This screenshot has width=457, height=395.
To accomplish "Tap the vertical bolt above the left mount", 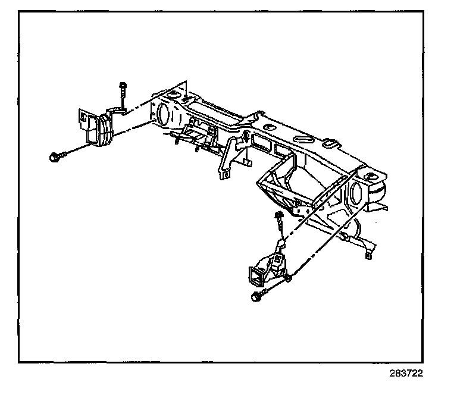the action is [121, 95].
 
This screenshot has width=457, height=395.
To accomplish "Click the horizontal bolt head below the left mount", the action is [54, 158].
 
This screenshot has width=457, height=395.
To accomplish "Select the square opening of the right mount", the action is [255, 275].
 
